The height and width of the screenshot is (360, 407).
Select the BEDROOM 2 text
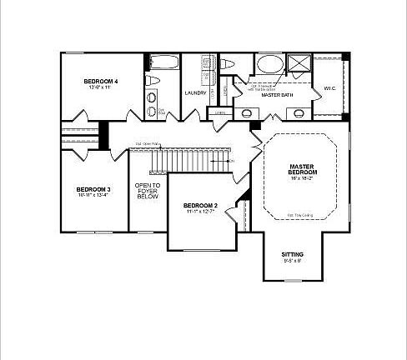coord(200,206)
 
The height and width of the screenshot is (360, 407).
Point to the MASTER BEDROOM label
coord(301,169)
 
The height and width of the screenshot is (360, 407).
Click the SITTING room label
coord(292,254)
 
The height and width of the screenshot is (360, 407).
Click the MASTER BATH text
coord(275,95)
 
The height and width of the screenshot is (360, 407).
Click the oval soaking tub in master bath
coord(269,63)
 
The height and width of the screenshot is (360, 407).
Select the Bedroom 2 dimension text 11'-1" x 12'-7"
coord(200,212)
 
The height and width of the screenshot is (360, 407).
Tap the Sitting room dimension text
coord(292,261)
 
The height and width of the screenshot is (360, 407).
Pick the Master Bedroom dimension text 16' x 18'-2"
coord(301,178)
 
